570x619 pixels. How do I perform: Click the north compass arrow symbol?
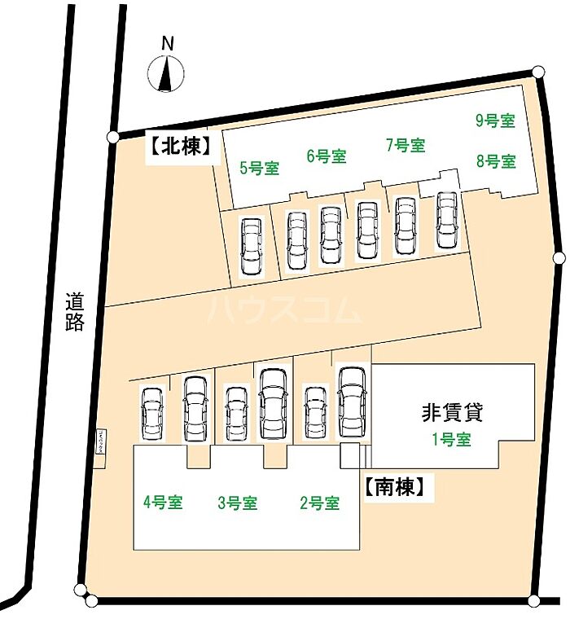[x=166, y=74]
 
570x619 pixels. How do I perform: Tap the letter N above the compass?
[x=167, y=44]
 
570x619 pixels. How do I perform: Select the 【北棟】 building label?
[x=180, y=147]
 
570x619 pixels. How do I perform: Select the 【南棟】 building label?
[x=396, y=487]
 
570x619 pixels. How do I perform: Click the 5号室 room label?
[x=260, y=169]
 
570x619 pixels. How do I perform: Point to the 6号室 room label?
[x=327, y=156]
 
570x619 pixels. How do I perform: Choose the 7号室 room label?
[x=406, y=146]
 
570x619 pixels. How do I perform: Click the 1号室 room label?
[x=451, y=440]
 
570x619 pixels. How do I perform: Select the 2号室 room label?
[x=320, y=503]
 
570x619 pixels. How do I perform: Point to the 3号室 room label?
[x=238, y=503]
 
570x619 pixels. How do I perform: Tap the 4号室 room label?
[x=163, y=503]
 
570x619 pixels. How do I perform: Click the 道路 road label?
[x=75, y=312]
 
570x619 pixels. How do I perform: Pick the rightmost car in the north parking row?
[x=446, y=220]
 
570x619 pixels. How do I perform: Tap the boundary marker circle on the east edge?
[x=559, y=258]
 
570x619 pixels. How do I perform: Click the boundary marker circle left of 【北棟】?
[x=113, y=136]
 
